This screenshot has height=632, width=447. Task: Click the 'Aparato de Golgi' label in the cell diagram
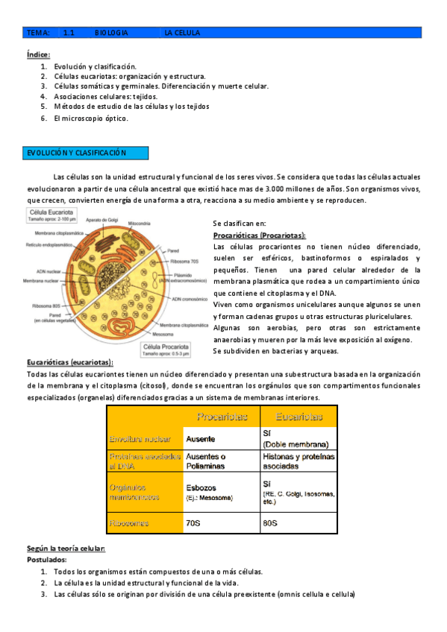102,219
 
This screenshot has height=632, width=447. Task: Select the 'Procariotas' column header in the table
222,417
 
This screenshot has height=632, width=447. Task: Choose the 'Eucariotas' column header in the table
298,417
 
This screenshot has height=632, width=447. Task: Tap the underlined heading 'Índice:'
38,54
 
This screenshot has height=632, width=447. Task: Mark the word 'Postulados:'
46,559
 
